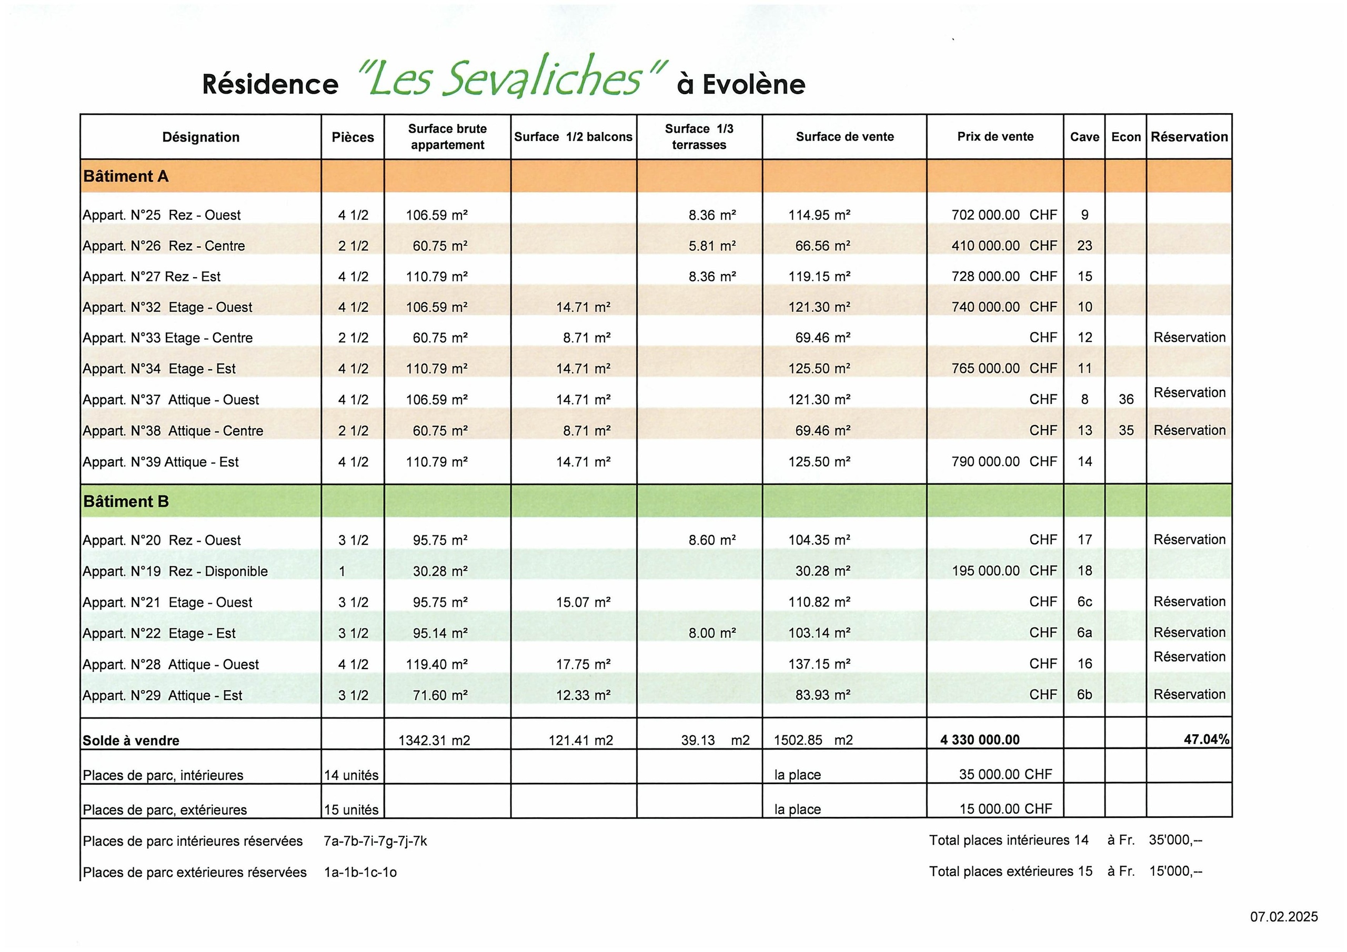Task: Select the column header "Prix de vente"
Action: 995,137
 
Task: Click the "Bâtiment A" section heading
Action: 126,176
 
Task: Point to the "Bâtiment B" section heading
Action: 126,502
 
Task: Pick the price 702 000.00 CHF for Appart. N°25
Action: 1004,215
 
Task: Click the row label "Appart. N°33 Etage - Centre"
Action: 167,338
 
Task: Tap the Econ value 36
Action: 1126,399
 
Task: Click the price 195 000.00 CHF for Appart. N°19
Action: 1004,571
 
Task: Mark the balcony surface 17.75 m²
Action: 583,664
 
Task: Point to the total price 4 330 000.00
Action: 980,740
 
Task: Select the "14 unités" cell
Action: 351,775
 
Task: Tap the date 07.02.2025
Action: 1284,917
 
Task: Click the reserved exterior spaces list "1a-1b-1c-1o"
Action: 360,872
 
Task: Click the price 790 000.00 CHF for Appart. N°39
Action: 1004,462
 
